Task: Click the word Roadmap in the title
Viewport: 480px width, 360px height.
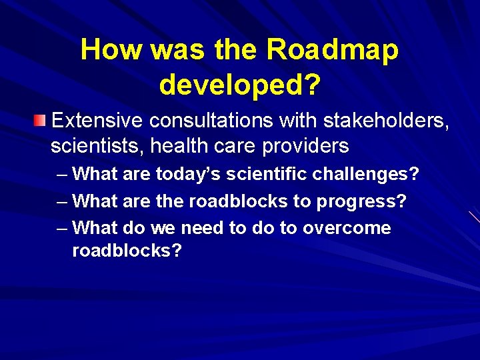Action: coord(332,51)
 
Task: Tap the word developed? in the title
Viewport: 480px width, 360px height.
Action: coord(240,84)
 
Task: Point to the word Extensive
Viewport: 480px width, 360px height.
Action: coord(97,121)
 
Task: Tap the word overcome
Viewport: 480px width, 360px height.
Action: coord(347,228)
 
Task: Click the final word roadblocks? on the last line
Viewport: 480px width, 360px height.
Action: coord(127,251)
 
